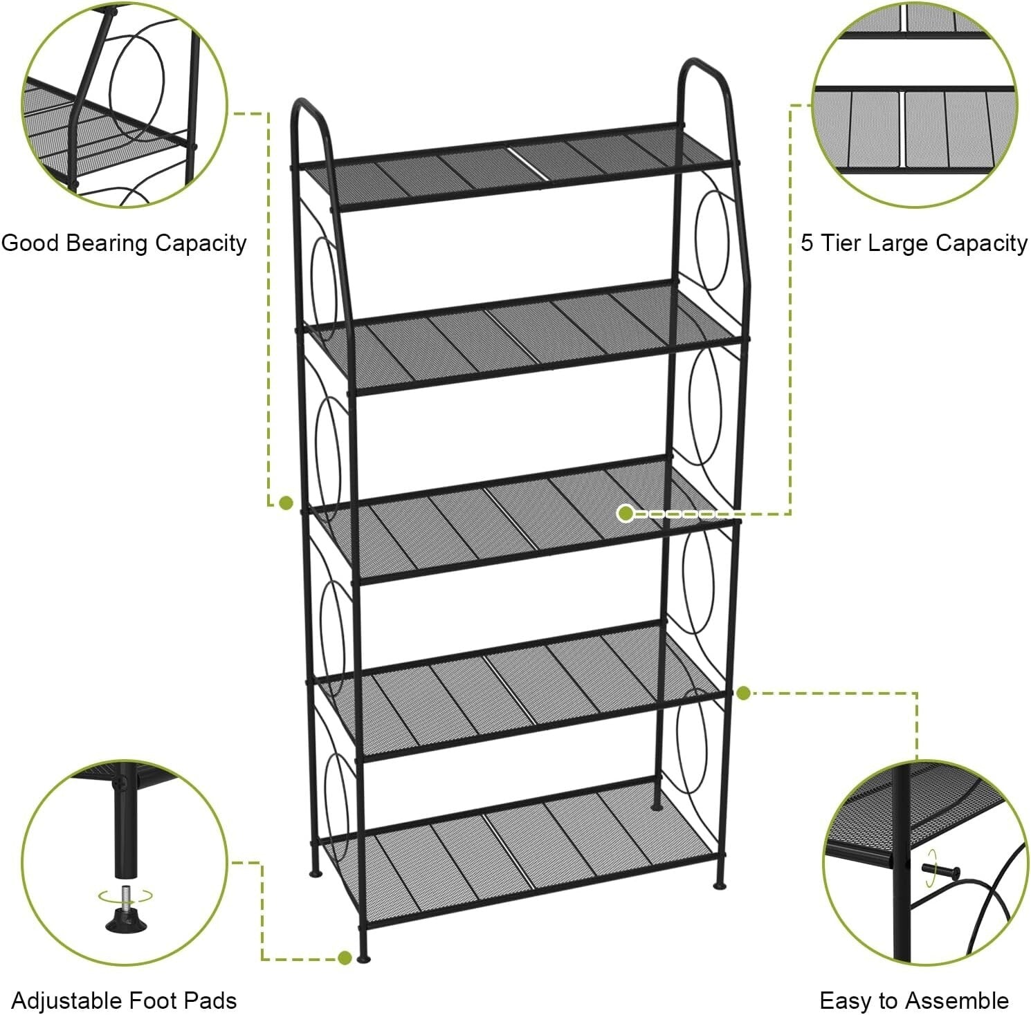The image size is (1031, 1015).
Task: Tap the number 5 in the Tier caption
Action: [x=807, y=243]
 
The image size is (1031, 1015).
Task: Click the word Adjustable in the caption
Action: [x=66, y=1000]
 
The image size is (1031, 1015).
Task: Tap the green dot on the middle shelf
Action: [x=626, y=513]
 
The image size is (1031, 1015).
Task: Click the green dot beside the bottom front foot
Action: [x=345, y=958]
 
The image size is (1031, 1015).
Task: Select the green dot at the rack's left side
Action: [x=286, y=503]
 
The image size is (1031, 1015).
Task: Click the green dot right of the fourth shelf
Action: [x=743, y=693]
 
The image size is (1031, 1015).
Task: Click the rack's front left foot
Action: [x=363, y=958]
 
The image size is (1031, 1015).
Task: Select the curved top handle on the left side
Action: [x=309, y=111]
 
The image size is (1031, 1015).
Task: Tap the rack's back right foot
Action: [x=656, y=806]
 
